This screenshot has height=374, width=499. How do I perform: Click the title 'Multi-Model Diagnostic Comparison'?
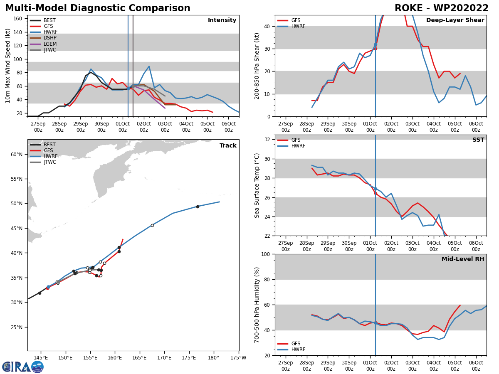(x=97, y=8)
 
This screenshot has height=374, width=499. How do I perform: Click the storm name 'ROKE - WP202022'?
(x=442, y=8)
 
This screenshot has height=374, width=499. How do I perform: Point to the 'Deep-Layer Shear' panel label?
(x=455, y=20)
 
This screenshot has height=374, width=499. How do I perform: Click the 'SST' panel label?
(x=478, y=140)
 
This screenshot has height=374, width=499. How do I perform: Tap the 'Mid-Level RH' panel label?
(x=463, y=259)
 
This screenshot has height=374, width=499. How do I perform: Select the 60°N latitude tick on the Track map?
(x=17, y=155)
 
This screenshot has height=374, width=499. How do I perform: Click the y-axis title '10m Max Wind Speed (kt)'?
(x=8, y=66)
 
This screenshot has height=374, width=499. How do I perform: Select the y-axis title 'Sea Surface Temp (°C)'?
(x=257, y=185)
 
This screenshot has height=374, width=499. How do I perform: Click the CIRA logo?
(x=22, y=367)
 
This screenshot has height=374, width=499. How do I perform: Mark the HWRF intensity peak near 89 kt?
(x=149, y=66)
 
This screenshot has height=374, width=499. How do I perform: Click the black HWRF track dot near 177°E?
(x=198, y=207)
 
